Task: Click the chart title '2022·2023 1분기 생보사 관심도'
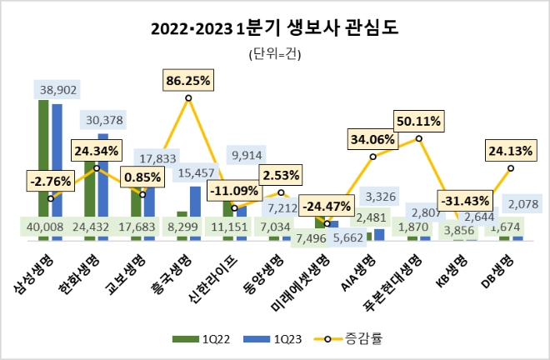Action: point(275,29)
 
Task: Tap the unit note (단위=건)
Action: point(275,55)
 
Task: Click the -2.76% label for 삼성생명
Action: point(52,180)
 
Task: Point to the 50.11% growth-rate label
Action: point(419,121)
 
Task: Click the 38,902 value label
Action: point(58,87)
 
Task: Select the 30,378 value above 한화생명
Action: point(104,120)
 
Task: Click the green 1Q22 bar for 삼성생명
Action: point(43,167)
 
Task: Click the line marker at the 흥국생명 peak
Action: point(188,98)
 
